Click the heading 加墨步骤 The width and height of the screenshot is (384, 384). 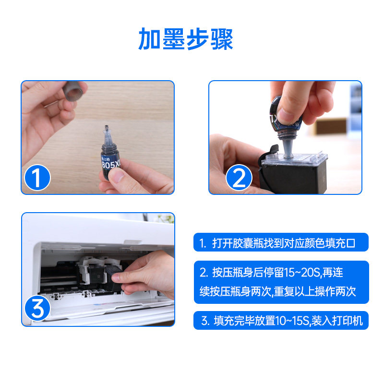pyautogui.click(x=186, y=39)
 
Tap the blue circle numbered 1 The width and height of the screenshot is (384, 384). pyautogui.click(x=37, y=179)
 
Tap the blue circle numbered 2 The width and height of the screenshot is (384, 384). pyautogui.click(x=239, y=179)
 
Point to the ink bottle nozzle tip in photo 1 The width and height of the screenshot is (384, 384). pyautogui.click(x=105, y=129)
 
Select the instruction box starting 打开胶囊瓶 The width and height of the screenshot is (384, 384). pyautogui.click(x=281, y=243)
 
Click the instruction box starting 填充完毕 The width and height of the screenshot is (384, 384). pyautogui.click(x=281, y=321)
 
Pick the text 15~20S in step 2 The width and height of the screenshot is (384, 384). pyautogui.click(x=302, y=273)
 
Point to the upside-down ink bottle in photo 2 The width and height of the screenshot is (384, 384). pyautogui.click(x=287, y=120)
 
